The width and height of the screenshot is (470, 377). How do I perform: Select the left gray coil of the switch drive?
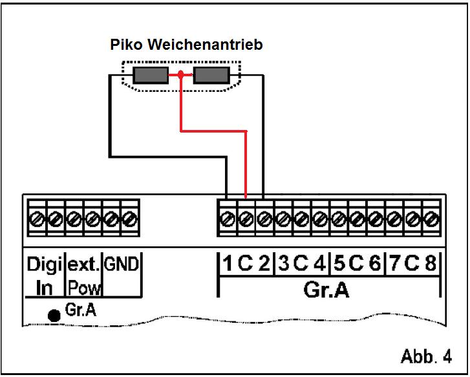click(x=151, y=76)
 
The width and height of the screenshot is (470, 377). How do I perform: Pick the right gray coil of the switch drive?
click(x=211, y=76)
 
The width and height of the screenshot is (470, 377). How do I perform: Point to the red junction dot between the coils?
click(x=182, y=76)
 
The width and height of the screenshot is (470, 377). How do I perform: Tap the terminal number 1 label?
click(x=228, y=264)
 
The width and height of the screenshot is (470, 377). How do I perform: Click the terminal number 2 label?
click(x=264, y=264)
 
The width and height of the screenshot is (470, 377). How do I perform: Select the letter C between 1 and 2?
click(x=246, y=264)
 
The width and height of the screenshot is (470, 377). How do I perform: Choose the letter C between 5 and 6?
click(x=357, y=264)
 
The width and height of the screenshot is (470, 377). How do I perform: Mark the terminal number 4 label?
click(x=319, y=264)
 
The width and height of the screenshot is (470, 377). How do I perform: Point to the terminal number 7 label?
click(x=394, y=264)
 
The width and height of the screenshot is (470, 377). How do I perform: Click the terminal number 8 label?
click(x=431, y=264)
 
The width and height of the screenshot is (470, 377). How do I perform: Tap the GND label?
click(x=122, y=263)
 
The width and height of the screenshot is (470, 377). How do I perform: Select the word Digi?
click(x=44, y=264)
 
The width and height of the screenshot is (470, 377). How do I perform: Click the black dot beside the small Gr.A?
click(x=55, y=315)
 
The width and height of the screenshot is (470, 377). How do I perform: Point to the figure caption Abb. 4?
click(x=425, y=357)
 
